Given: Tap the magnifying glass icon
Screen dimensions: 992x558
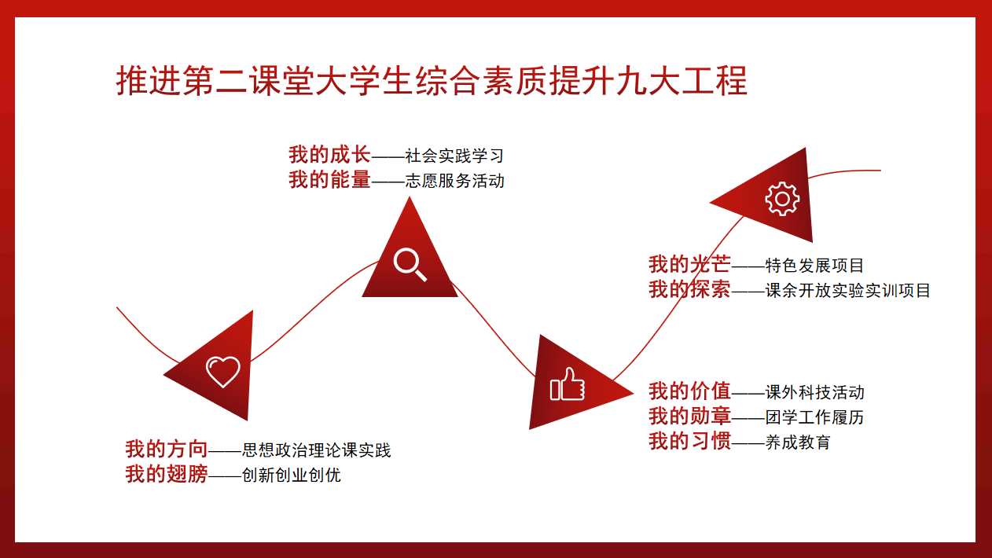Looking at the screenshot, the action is [x=410, y=265].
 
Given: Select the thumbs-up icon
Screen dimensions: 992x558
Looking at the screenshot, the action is [x=568, y=384].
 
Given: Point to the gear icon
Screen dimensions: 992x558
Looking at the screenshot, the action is [x=783, y=199].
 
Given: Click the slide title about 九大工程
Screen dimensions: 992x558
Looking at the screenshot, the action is [x=432, y=81].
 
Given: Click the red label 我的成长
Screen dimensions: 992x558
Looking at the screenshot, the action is [x=329, y=155].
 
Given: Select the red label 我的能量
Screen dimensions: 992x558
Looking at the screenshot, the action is [x=329, y=180].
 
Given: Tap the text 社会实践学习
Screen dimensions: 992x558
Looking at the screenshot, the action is [x=454, y=156].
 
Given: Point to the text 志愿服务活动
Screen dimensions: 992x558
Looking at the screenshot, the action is [x=454, y=181].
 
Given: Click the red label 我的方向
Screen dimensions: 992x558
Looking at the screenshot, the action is [x=167, y=450].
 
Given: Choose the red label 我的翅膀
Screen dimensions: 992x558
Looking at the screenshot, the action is [x=167, y=475].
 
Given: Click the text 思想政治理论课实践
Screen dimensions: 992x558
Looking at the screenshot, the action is [x=316, y=450].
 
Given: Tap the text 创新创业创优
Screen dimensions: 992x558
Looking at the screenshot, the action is [x=292, y=475].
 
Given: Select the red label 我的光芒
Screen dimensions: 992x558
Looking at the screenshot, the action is [x=689, y=264].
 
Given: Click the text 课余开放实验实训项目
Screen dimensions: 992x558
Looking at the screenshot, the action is [x=847, y=291].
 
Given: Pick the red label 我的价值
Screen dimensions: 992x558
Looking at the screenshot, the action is [x=689, y=391].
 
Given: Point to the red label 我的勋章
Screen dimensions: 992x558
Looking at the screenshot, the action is [x=689, y=417].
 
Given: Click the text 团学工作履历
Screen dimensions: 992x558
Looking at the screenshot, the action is [x=814, y=417].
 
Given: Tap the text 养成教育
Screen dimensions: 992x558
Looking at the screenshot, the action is [x=798, y=442].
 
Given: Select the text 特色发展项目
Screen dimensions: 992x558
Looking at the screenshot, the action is [x=814, y=266].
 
